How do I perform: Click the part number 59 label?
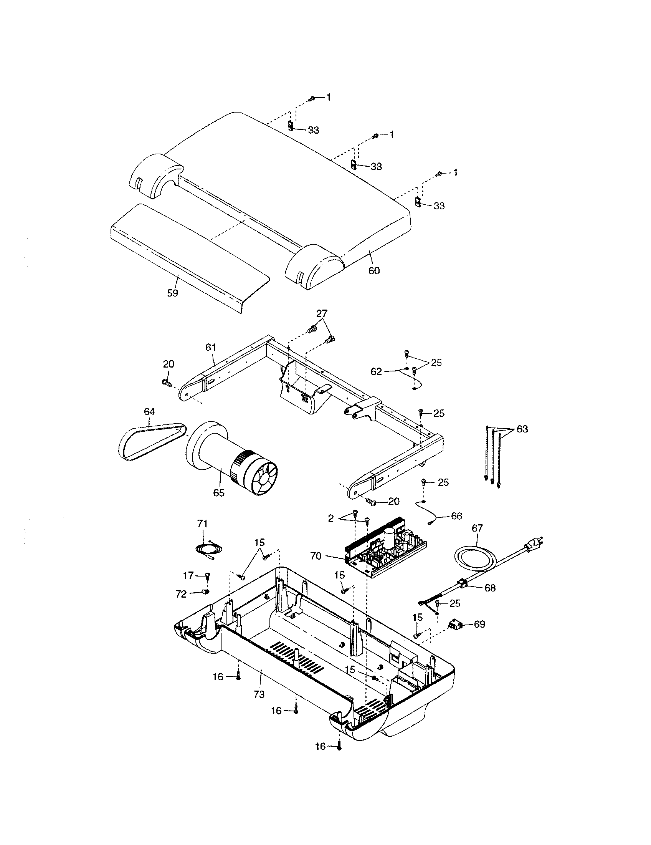(x=172, y=293)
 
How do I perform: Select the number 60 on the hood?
(x=374, y=270)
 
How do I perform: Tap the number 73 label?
(x=259, y=694)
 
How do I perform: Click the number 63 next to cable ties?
(x=522, y=429)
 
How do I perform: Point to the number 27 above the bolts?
(x=321, y=313)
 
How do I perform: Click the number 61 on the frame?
(x=210, y=347)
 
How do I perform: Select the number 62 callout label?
(x=376, y=372)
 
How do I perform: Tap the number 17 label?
(x=188, y=576)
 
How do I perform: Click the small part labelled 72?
(x=206, y=591)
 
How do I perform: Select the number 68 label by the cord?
(x=490, y=588)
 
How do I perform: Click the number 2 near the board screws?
(x=330, y=519)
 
